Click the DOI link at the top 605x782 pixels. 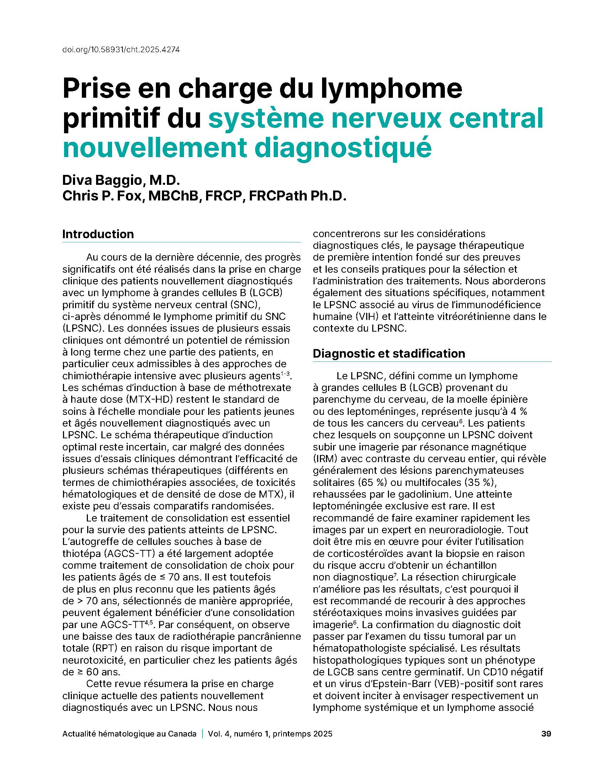(121, 50)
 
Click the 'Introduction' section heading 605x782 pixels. (98, 234)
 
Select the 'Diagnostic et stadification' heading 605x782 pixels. (389, 353)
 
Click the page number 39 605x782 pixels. (546, 734)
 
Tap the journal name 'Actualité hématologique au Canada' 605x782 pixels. (130, 734)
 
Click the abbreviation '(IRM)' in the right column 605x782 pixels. (324, 459)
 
